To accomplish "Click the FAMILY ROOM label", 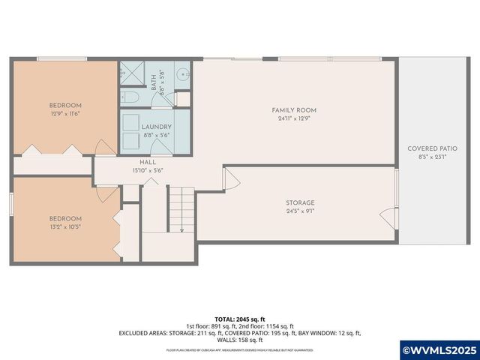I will pos(294,110).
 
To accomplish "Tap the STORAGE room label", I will pos(299,202).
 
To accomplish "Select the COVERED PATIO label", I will pos(432,148).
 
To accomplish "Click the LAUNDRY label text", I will pos(157,127).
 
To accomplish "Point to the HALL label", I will pos(147,162).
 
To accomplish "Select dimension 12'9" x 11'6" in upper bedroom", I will pos(65,114).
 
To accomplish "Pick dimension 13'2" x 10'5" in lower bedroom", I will pos(65,226).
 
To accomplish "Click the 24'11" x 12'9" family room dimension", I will pos(294,118).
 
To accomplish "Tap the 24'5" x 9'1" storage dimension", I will pos(299,211).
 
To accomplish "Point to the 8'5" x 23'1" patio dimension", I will pos(432,157).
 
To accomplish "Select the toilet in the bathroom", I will pos(130,97).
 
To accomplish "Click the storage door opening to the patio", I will pos(389,217).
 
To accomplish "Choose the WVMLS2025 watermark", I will pos(439,349).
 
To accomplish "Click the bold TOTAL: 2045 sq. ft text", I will pos(239,319).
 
